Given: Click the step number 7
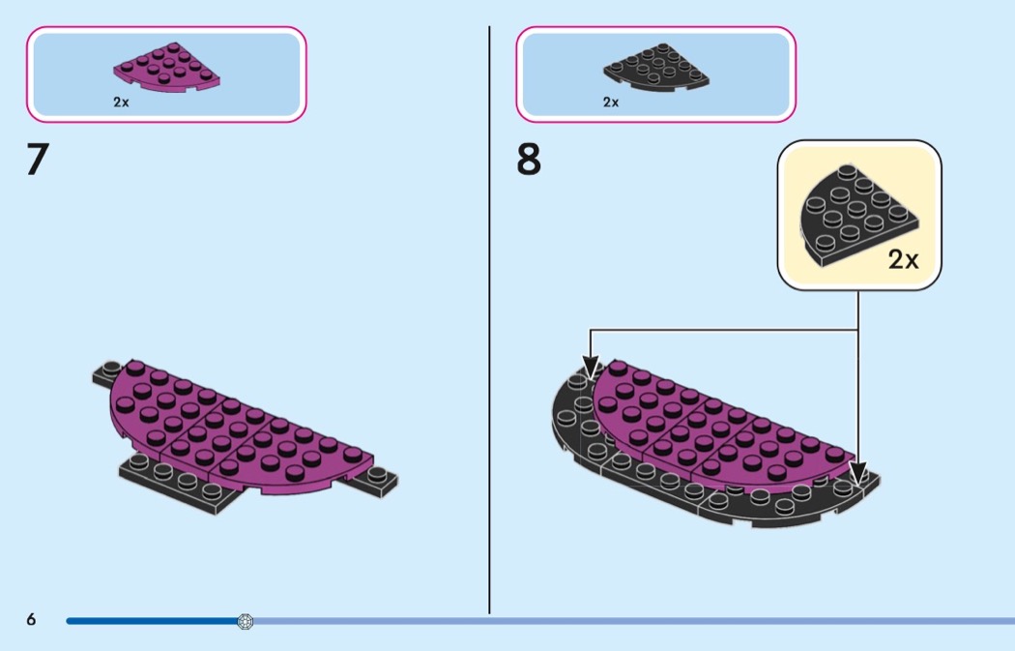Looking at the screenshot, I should pyautogui.click(x=37, y=161).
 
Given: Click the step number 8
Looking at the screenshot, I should pyautogui.click(x=529, y=161).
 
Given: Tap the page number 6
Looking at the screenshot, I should pyautogui.click(x=31, y=620).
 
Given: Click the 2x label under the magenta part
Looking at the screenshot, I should pyautogui.click(x=121, y=102).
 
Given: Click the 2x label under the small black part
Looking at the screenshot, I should pyautogui.click(x=611, y=102).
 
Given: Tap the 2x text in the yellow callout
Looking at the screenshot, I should pyautogui.click(x=903, y=259).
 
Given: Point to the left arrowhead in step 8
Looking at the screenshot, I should pyautogui.click(x=590, y=368).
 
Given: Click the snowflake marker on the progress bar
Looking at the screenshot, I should pyautogui.click(x=245, y=621).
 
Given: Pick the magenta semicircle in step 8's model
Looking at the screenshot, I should pyautogui.click(x=715, y=426).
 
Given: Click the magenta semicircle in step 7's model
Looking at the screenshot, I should pyautogui.click(x=232, y=426).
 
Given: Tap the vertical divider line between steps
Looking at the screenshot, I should pyautogui.click(x=489, y=319).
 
